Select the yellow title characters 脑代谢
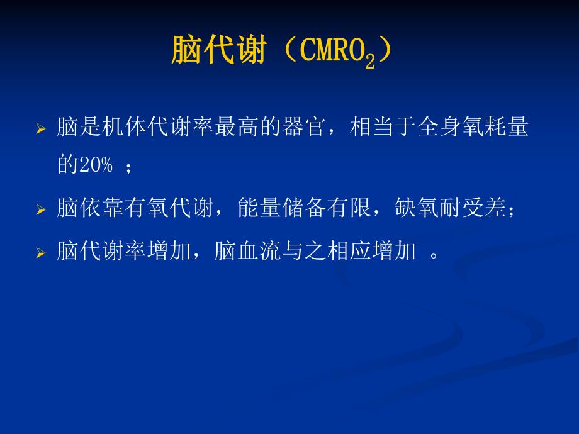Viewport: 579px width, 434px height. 218,50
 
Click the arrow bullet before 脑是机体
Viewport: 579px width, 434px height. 41,130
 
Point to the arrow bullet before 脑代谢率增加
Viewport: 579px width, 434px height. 41,253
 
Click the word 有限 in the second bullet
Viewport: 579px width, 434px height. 353,208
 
